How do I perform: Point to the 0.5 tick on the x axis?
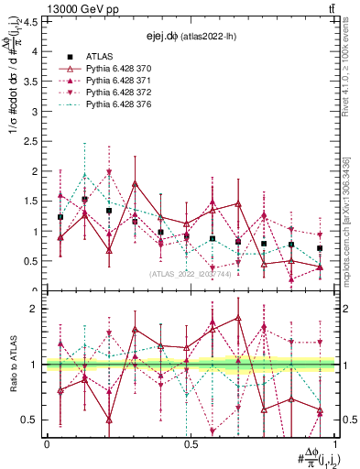191,443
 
